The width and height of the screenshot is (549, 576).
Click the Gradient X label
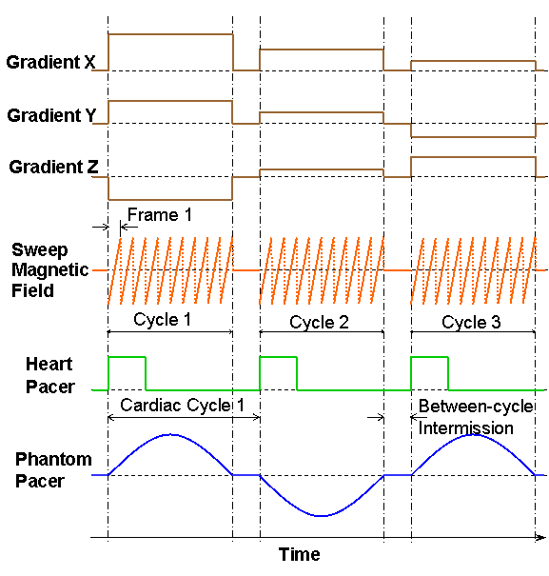pos(50,62)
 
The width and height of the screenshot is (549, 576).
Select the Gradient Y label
pos(51,115)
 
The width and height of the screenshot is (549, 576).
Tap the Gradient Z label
pos(53,167)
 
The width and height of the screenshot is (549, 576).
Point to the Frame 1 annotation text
pos(160,215)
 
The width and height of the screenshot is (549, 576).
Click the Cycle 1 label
pos(162,319)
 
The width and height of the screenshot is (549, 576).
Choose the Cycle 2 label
pos(319,322)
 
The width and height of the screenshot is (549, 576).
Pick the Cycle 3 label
pos(471,322)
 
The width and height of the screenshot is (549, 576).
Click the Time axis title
pos(300,554)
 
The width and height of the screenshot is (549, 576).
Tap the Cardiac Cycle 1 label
pos(182,406)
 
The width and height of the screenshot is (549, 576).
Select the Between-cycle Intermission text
pos(476,417)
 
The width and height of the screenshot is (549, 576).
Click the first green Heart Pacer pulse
pos(127,357)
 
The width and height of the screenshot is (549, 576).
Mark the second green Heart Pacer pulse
pos(279,357)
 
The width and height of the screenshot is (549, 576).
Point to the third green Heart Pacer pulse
pos(430,357)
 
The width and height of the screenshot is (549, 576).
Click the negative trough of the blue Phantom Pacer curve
pos(322,516)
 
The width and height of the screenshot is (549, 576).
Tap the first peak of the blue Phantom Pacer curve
pos(171,435)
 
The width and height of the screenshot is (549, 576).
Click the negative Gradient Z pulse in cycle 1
pos(170,200)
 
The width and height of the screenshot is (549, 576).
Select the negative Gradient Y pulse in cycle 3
pos(473,137)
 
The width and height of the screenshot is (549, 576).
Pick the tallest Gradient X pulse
pos(170,34)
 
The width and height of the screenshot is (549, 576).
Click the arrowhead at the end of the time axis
pos(541,537)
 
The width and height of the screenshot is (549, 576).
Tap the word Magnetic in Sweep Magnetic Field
pos(49,270)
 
